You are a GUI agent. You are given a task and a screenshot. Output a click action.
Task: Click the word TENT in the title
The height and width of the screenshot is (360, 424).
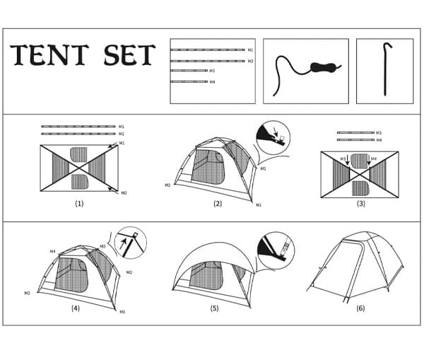click(x=49, y=55)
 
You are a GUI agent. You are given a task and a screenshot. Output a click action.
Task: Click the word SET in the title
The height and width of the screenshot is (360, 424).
click(x=130, y=55)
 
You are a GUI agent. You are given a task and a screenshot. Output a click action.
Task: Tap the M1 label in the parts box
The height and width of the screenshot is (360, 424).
click(x=251, y=50)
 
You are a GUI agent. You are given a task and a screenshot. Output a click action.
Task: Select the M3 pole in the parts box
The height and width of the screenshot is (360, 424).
click(x=189, y=71)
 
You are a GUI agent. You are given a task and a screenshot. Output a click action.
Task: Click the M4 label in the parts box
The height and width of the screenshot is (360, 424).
click(x=212, y=82)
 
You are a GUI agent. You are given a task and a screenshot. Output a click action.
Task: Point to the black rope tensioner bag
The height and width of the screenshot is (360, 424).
click(x=324, y=67)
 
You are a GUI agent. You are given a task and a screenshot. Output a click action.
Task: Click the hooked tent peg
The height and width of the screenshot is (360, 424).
click(x=387, y=69)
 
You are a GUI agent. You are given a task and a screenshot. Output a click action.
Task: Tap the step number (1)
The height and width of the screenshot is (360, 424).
click(x=79, y=204)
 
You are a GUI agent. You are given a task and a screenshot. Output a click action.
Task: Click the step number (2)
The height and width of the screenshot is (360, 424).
click(x=218, y=204)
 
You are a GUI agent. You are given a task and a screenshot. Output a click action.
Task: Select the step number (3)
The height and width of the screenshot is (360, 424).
click(x=361, y=204)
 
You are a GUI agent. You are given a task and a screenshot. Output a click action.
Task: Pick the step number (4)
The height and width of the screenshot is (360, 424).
click(x=76, y=308)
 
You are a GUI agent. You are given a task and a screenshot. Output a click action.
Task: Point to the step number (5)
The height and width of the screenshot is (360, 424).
click(x=214, y=308)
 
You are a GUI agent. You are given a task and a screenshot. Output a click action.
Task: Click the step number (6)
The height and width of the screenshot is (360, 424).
click(x=360, y=308)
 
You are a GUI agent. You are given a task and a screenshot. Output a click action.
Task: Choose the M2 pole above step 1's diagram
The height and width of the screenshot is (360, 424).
click(x=78, y=134)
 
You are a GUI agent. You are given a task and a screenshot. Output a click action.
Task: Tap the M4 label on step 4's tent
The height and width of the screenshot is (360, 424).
click(x=53, y=252)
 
